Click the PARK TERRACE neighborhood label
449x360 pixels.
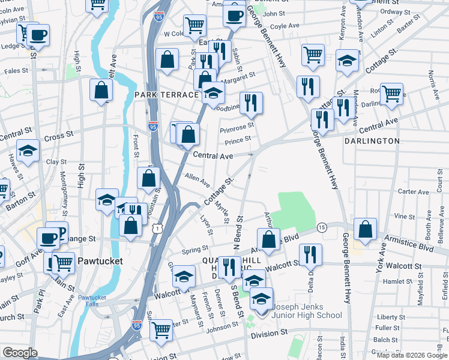point(166,95)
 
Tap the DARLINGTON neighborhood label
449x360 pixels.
point(372,141)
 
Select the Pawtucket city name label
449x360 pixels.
point(100,262)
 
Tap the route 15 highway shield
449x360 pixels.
point(322,228)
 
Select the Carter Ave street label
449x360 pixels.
point(414,192)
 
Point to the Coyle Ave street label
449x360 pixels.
point(285,26)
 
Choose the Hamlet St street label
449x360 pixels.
point(413,281)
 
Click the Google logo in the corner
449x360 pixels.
point(20,353)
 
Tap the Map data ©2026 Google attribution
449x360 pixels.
point(412,355)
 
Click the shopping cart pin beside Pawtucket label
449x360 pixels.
point(63,262)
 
